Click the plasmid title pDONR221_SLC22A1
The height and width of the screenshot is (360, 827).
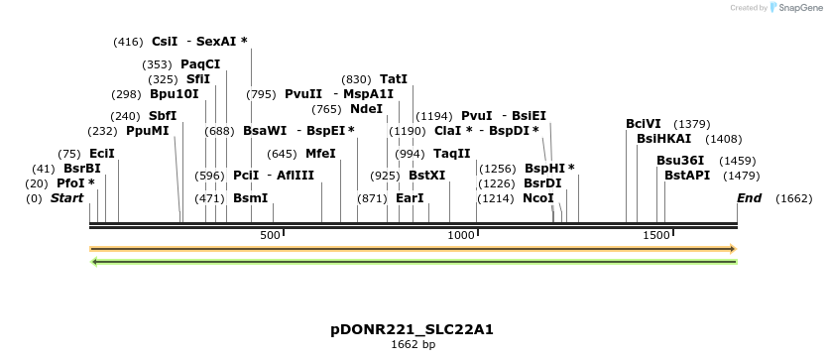pyautogui.click(x=413, y=329)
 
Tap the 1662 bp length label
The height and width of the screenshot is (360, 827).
pyautogui.click(x=413, y=345)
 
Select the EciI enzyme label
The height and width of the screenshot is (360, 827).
pyautogui.click(x=102, y=154)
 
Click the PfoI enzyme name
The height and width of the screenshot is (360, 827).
pyautogui.click(x=71, y=183)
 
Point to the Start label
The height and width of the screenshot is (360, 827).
pyautogui.click(x=66, y=198)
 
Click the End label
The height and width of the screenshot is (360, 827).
pyautogui.click(x=749, y=198)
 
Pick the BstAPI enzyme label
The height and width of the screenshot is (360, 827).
pyautogui.click(x=685, y=176)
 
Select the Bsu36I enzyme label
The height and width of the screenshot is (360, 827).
pyautogui.click(x=680, y=161)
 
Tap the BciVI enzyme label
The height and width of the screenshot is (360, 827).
pyautogui.click(x=644, y=124)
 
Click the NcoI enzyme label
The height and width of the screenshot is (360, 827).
pyautogui.click(x=538, y=198)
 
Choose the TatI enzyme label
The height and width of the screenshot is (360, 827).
pyautogui.click(x=394, y=79)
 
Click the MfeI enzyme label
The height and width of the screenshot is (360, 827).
pyautogui.click(x=320, y=154)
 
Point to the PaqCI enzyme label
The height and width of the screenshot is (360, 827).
pyautogui.click(x=200, y=64)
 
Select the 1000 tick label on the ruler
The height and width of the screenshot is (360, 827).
pyautogui.click(x=462, y=235)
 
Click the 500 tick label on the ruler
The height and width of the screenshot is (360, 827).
pyautogui.click(x=270, y=235)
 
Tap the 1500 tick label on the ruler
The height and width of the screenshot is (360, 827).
pyautogui.click(x=656, y=235)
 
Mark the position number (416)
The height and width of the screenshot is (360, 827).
pyautogui.click(x=128, y=42)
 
